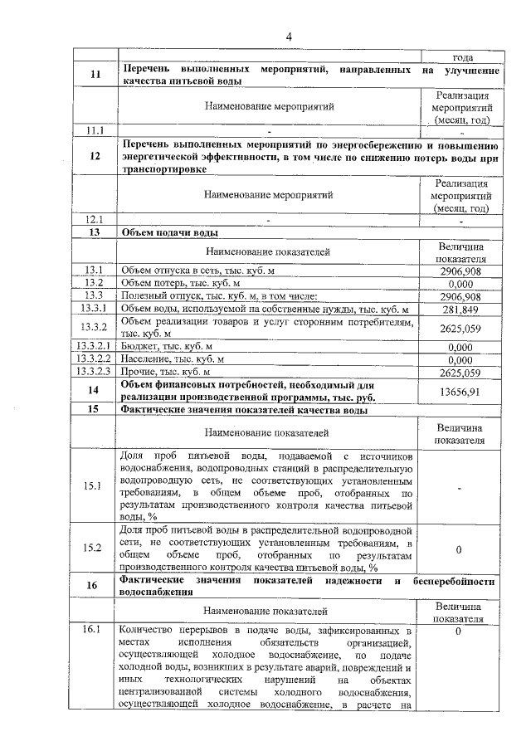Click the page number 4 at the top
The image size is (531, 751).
point(289,36)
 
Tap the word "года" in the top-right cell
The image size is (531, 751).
point(462,57)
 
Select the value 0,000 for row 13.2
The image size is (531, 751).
point(460,283)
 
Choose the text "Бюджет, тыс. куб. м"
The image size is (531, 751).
point(167,347)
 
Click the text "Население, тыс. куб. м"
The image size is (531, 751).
point(173,359)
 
